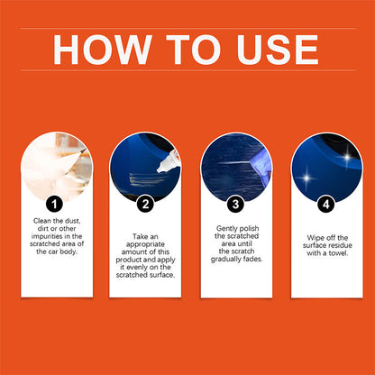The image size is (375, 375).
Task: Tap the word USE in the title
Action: pos(278,50)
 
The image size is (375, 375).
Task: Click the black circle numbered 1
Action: pos(54,205)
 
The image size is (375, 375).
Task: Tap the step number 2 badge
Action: pos(145,205)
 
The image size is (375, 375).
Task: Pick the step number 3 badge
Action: pos(235,205)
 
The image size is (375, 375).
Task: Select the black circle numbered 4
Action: pos(326,205)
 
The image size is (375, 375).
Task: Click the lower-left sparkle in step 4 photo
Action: pos(306,178)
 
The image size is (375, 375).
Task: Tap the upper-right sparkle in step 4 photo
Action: pos(347,157)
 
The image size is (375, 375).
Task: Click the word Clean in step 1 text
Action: pos(42,221)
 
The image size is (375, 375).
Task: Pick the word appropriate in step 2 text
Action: pos(145,244)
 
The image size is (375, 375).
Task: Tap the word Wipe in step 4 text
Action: pos(315,238)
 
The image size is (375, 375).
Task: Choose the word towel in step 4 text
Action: pos(338,253)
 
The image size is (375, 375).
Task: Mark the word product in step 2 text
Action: pos(127,260)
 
